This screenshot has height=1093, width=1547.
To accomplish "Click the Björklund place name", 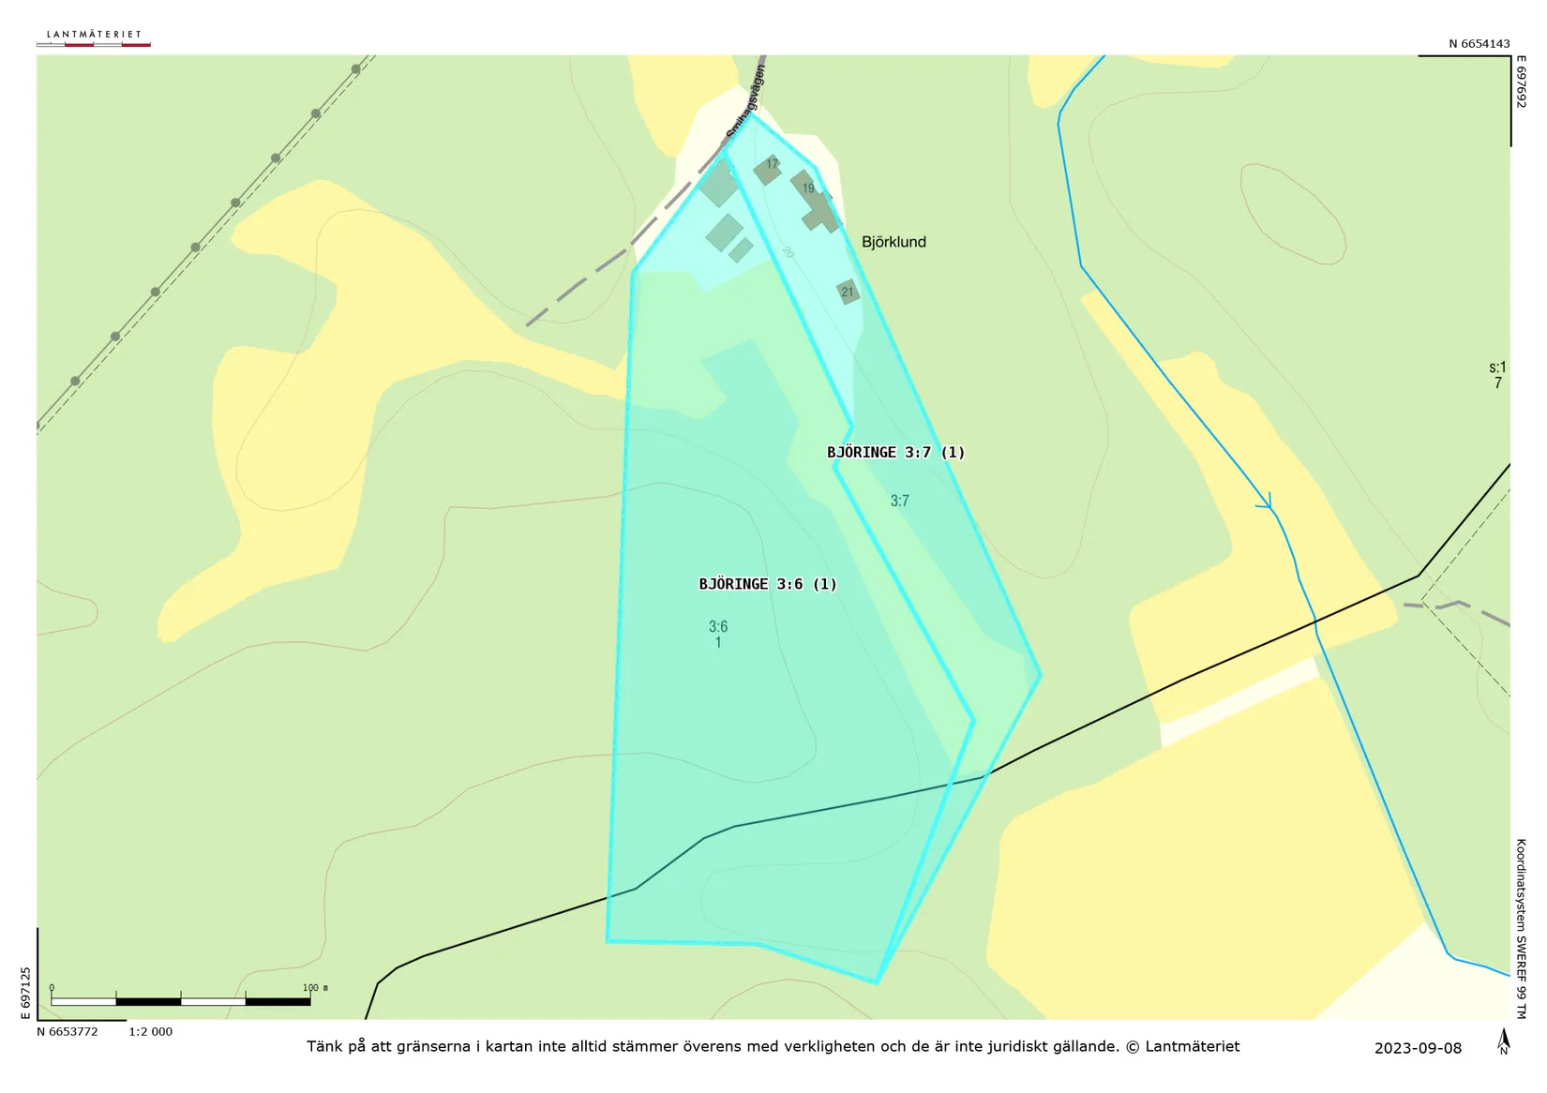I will [894, 242].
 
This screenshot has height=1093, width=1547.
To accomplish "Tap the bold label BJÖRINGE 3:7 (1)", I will [895, 453].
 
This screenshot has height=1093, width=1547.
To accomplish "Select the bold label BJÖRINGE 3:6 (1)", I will [767, 584].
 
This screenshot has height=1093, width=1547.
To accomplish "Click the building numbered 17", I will [768, 169].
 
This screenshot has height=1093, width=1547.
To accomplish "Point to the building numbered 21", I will [848, 292].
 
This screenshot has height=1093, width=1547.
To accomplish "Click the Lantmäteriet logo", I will [94, 37].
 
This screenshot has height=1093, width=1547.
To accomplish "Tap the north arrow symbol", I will [1504, 1041].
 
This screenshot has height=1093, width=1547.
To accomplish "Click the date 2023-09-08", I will [1418, 1048].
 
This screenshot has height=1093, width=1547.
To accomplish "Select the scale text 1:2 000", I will [150, 1032].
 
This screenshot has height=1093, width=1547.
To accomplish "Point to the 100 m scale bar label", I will [314, 988].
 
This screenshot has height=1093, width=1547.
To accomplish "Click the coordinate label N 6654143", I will [1479, 44].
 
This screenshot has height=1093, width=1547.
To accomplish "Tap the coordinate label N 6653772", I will [68, 1032].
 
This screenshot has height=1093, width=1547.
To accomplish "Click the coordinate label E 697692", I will [1521, 82].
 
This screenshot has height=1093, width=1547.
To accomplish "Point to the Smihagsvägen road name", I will [746, 103].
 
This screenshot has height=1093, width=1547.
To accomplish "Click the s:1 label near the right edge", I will [1497, 367].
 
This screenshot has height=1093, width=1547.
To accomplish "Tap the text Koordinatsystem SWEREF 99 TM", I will [1521, 928].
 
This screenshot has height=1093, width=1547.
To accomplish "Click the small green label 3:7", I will [899, 501].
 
